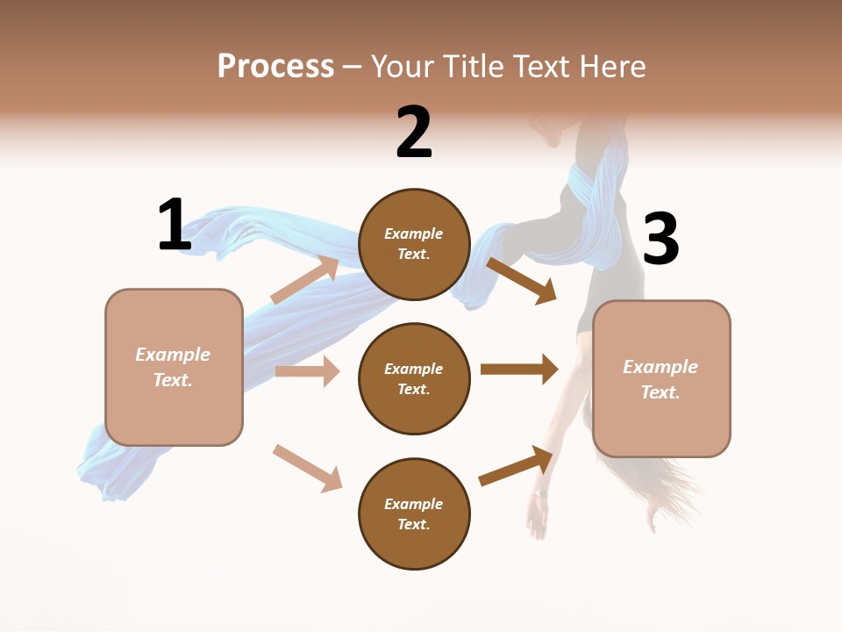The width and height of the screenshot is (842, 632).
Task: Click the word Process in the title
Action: (x=275, y=66)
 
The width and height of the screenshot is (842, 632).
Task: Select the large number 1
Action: (x=174, y=225)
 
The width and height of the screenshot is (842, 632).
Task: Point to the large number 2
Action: (x=414, y=133)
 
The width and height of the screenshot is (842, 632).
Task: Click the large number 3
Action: (x=660, y=240)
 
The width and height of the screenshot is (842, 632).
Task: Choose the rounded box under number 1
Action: (x=174, y=367)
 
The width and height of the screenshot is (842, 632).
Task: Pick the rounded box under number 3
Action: (x=661, y=378)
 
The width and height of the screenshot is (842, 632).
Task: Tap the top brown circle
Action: (x=414, y=244)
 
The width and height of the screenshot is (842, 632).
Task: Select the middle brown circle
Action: (x=414, y=378)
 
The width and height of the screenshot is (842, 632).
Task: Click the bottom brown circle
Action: (x=414, y=513)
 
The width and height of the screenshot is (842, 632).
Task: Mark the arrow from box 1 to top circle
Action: (x=304, y=280)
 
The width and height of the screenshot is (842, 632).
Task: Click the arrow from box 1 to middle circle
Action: (x=307, y=371)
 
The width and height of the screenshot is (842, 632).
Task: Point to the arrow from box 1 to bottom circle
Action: (x=307, y=468)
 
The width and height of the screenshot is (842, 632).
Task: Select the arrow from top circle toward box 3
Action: (x=522, y=280)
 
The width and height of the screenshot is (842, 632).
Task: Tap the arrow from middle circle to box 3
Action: (x=518, y=369)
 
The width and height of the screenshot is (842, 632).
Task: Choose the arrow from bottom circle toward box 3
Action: (x=516, y=466)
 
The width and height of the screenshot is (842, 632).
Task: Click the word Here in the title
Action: (x=613, y=66)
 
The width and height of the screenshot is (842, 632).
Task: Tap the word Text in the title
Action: (x=542, y=66)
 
